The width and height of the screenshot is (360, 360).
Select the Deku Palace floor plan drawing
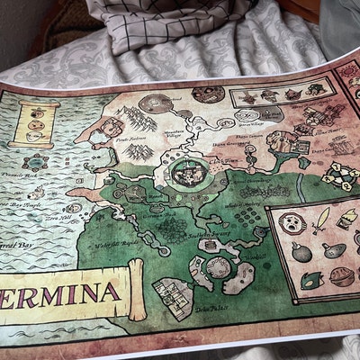pos(173,298)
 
